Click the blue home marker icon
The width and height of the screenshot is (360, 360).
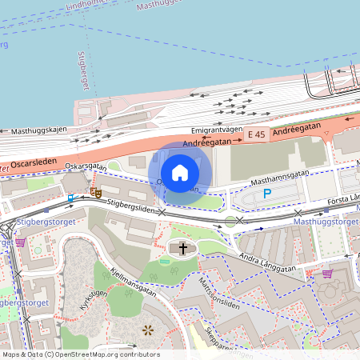tap(180, 172)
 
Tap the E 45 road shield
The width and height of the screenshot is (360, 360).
tap(256, 135)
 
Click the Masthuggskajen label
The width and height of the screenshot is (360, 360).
tap(38, 130)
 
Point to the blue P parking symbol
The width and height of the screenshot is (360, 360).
tap(267, 193)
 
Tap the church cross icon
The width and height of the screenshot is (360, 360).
tap(182, 249)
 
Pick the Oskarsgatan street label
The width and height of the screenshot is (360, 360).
tap(86, 166)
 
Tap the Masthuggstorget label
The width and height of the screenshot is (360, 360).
tap(326, 221)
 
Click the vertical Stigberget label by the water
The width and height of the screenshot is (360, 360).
tap(81, 68)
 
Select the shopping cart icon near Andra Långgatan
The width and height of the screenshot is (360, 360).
tap(326, 274)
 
